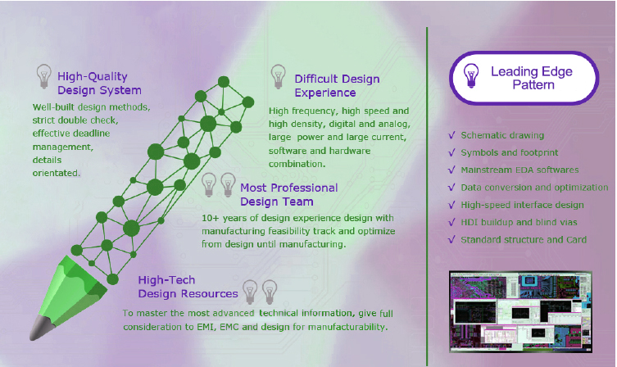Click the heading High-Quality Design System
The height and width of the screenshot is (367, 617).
[99, 83]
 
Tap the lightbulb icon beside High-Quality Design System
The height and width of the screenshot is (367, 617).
[43, 76]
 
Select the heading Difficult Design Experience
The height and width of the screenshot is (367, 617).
[337, 85]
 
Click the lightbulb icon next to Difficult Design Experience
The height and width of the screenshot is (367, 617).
[279, 77]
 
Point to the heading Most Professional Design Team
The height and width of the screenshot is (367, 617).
[288, 194]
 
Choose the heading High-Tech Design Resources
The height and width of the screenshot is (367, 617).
[188, 287]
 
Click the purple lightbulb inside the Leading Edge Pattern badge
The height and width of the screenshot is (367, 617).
[470, 75]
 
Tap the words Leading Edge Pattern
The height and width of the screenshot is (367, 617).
[532, 78]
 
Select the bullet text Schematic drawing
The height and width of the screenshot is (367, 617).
[502, 135]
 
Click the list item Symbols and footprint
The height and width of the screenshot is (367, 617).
[510, 152]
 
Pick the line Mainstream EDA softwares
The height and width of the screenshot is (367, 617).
[519, 170]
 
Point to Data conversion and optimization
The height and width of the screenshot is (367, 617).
[534, 188]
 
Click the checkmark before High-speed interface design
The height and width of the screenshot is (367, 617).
[451, 205]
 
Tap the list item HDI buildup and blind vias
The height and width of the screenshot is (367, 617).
[519, 222]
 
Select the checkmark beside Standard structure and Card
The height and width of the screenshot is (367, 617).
[451, 239]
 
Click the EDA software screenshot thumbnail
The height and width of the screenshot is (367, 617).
[520, 311]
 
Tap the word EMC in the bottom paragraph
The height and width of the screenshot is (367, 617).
[229, 327]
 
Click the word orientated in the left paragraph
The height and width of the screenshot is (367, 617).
[56, 173]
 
